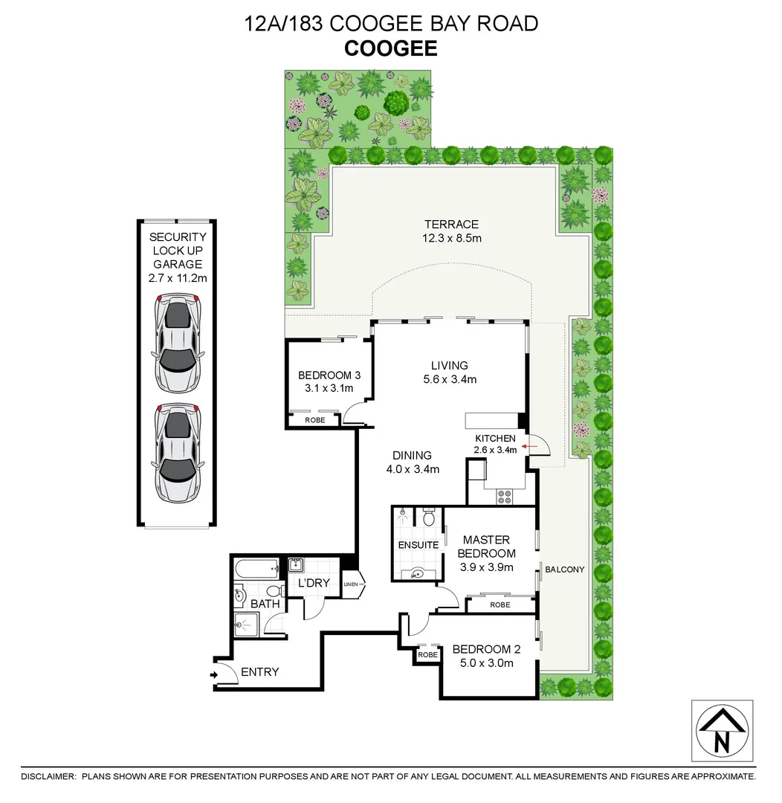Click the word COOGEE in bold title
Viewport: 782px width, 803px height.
click(391, 49)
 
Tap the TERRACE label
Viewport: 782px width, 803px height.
click(451, 225)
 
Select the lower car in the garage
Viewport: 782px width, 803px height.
click(177, 451)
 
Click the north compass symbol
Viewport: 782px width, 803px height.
click(722, 730)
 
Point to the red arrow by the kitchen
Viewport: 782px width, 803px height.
click(526, 447)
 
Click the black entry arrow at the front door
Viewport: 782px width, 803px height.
click(214, 675)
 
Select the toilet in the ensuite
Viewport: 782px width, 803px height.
click(428, 517)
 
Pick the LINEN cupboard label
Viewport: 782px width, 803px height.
click(351, 584)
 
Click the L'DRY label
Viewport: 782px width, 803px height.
click(314, 583)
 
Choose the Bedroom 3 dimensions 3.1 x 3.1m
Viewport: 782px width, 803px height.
click(325, 388)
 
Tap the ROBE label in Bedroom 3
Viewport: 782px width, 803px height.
click(314, 420)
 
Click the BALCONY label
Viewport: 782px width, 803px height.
click(565, 570)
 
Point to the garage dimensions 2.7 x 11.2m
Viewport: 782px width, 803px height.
click(178, 277)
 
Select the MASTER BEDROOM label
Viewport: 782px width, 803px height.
click(486, 546)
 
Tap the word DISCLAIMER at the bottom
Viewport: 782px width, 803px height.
click(48, 776)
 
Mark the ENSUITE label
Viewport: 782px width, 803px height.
click(418, 545)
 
